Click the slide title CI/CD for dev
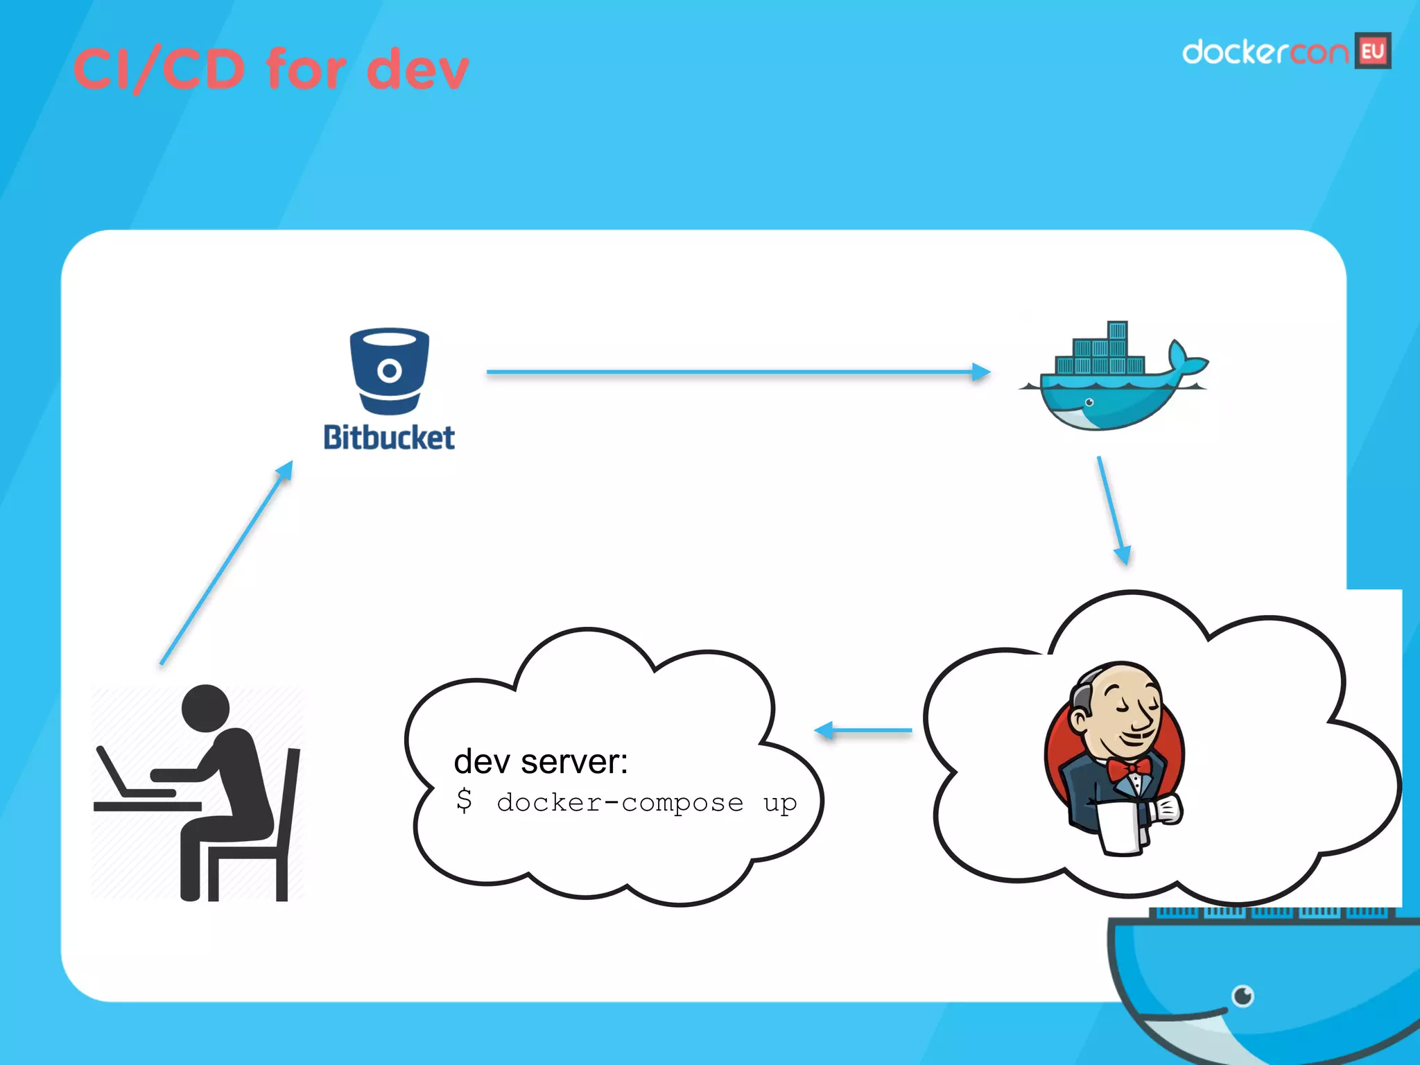[x=270, y=69]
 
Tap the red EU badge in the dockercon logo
[x=1373, y=51]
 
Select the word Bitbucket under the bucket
[x=389, y=438]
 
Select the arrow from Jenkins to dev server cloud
[x=863, y=730]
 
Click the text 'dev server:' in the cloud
[x=541, y=761]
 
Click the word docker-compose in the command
[x=620, y=803]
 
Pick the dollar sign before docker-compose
[x=464, y=801]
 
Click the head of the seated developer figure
[x=205, y=709]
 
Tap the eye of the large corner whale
[x=1242, y=996]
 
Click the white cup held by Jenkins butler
[x=1120, y=829]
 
